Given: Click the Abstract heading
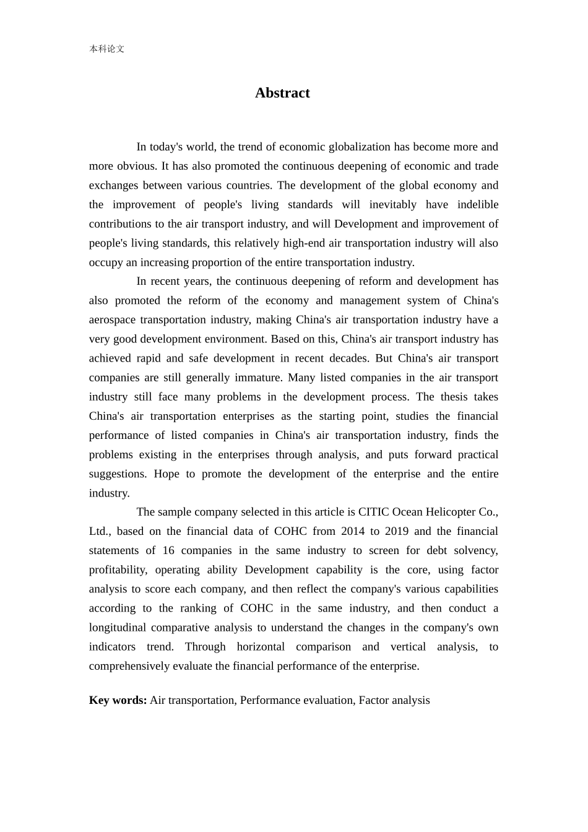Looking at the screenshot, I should click(x=282, y=93).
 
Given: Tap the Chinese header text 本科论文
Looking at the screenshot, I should click(x=106, y=49).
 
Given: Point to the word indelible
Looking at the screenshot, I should click(x=478, y=204).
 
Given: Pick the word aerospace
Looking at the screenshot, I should click(x=111, y=319).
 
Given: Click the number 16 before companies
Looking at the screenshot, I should click(x=168, y=550).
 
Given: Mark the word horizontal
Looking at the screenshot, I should click(x=261, y=646).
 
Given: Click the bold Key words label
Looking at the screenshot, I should click(x=118, y=700).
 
